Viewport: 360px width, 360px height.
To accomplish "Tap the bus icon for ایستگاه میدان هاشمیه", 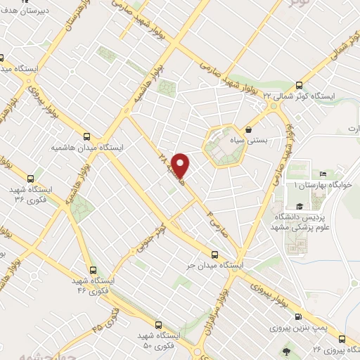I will pyautogui.click(x=86, y=136).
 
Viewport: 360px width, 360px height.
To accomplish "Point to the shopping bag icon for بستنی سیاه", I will pyautogui.click(x=250, y=129).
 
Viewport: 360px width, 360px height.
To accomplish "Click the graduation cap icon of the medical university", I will pyautogui.click(x=300, y=206).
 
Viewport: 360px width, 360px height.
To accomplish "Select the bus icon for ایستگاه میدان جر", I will pyautogui.click(x=215, y=255).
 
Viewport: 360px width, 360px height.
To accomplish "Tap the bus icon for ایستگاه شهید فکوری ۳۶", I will pyautogui.click(x=30, y=179).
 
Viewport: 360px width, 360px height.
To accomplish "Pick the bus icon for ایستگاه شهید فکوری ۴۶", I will pyautogui.click(x=92, y=269).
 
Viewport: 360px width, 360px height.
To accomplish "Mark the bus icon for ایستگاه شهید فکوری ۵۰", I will pyautogui.click(x=157, y=325).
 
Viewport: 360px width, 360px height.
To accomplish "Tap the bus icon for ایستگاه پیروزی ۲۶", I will pyautogui.click(x=342, y=339).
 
